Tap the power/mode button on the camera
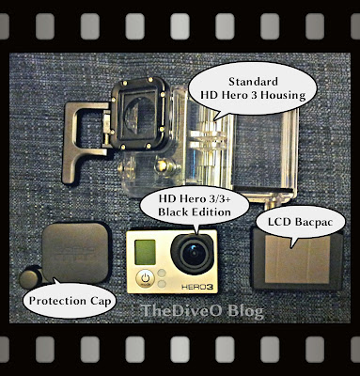point(145,278)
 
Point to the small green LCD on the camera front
point(145,252)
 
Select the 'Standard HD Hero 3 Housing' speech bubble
point(253,90)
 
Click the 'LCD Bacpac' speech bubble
point(301,224)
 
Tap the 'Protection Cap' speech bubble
point(70,300)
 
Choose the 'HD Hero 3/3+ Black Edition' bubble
point(195,207)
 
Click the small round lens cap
point(30,277)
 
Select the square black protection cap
point(75,253)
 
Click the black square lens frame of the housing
point(139,114)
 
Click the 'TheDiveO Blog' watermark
point(203,311)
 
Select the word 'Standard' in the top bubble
point(253,82)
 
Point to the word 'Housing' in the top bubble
point(283,95)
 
